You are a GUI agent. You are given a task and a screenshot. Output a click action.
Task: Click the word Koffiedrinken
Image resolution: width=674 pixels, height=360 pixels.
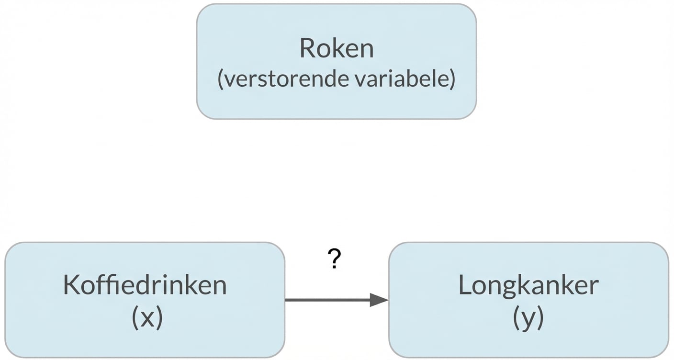[x=145, y=285]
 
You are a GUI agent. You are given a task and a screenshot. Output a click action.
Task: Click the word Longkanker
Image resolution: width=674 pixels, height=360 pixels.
[x=528, y=285]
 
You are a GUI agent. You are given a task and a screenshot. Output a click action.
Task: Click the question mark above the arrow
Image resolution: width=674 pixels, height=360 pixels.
[x=335, y=259]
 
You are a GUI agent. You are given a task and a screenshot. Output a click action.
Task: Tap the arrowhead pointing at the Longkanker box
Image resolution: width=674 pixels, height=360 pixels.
[x=379, y=300]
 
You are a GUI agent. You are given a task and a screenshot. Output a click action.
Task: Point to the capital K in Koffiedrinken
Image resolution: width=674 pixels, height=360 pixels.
[x=70, y=285]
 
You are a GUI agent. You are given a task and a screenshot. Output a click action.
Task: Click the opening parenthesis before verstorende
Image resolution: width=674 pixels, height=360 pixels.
[x=221, y=79]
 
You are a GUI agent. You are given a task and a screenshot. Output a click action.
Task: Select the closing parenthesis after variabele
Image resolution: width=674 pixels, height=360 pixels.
[x=452, y=79]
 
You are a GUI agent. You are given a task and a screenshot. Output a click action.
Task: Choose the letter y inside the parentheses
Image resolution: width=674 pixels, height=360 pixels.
[x=528, y=319]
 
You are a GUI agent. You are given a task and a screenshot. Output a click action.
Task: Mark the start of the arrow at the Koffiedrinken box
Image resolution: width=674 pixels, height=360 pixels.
[x=287, y=300]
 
